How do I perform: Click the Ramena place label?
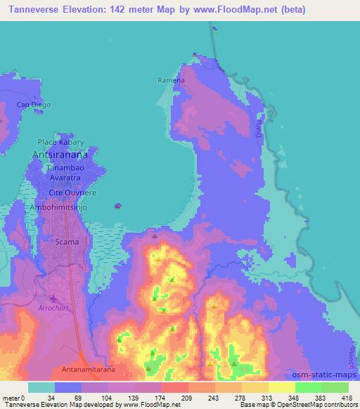171,80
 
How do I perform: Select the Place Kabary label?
60,141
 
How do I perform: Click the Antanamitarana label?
82,368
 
